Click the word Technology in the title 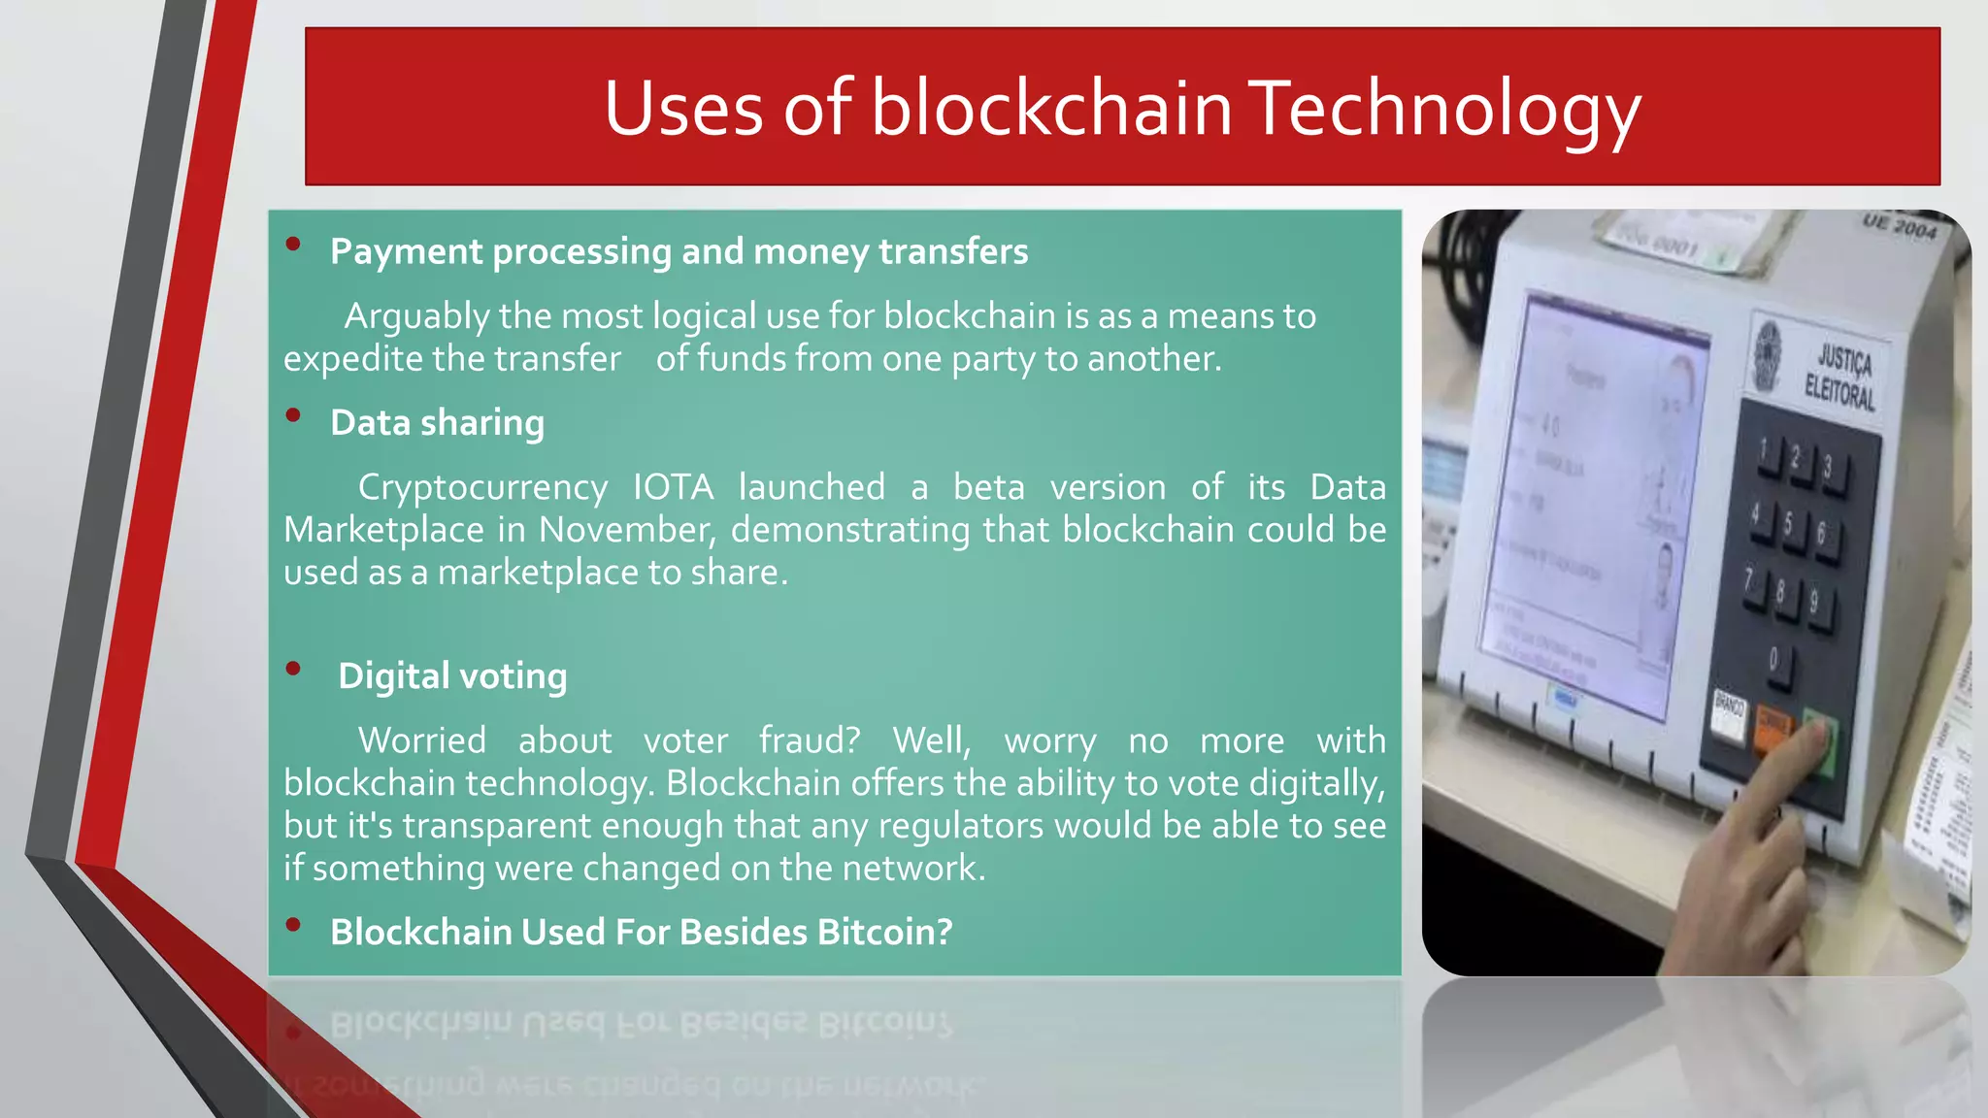[x=1442, y=109]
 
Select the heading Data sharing [x=437, y=423]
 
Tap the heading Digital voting [x=452, y=676]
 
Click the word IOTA [x=673, y=487]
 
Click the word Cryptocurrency [x=482, y=487]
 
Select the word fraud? [x=810, y=740]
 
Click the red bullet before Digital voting [x=293, y=669]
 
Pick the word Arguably [x=416, y=316]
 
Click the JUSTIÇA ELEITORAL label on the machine [x=1839, y=378]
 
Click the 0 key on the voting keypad [x=1774, y=662]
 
